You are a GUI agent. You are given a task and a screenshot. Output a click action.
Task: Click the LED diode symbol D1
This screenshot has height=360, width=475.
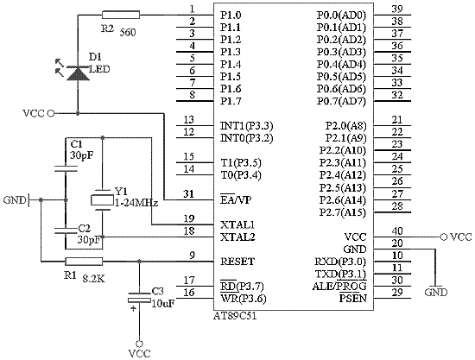[x=78, y=73]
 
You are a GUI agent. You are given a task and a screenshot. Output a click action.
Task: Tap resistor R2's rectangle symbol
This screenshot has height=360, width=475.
[x=121, y=15]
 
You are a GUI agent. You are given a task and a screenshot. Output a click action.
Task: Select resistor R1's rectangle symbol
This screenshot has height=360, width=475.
[x=84, y=262]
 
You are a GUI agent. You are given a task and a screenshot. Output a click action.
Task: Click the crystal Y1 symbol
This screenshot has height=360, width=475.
[x=102, y=199]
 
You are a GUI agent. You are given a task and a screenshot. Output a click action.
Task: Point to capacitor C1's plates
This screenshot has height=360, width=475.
[x=66, y=168]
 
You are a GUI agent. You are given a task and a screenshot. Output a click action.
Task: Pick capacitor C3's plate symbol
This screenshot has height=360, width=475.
[x=139, y=297]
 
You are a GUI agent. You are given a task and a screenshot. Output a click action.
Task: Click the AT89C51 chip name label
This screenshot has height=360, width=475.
[x=235, y=316]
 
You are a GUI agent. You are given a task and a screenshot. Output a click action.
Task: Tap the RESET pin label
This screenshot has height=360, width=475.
[x=237, y=262]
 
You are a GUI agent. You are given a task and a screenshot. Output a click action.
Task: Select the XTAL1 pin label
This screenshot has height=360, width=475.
[x=237, y=224]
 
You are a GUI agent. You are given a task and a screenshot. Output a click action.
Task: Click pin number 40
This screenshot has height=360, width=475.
[x=397, y=231]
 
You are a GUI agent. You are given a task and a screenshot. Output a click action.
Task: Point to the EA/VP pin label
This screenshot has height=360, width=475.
[x=236, y=199]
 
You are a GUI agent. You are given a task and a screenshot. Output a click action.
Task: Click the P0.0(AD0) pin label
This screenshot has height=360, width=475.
[x=341, y=16]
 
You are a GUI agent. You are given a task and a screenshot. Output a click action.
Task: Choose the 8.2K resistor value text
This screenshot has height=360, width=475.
[x=94, y=279]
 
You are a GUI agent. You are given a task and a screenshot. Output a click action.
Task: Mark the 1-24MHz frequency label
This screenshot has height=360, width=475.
[x=136, y=203]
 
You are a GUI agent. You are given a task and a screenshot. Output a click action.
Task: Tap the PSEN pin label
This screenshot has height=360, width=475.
[x=353, y=298]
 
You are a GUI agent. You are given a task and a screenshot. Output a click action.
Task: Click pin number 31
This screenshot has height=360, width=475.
[x=189, y=193]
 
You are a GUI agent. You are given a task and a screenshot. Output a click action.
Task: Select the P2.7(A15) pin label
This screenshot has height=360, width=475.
[x=343, y=212]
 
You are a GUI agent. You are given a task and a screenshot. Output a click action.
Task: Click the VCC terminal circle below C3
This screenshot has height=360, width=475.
[x=139, y=344]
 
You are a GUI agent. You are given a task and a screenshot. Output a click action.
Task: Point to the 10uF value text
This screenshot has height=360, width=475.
[x=163, y=303]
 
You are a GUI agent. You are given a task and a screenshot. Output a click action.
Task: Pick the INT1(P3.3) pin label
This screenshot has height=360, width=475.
[x=247, y=126]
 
